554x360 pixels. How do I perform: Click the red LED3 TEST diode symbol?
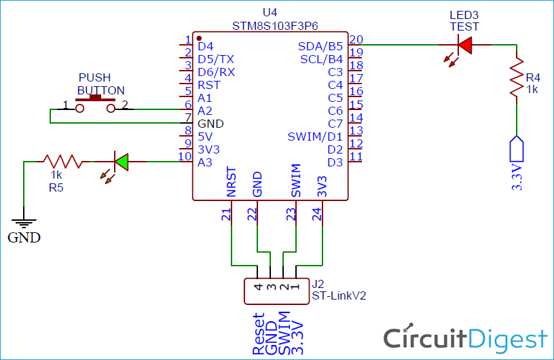point(464,45)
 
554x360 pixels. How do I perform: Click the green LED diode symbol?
point(122,162)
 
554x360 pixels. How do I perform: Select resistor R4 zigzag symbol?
point(517,76)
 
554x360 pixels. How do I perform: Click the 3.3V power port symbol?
point(517,147)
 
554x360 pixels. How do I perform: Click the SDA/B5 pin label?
point(320,46)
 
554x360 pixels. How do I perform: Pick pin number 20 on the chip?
point(356,39)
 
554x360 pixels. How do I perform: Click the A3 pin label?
point(205,162)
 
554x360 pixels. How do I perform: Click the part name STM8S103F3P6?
point(270,25)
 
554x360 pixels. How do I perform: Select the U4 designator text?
point(270,13)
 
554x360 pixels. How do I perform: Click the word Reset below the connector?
point(259,334)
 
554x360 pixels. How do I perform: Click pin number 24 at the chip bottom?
point(316,214)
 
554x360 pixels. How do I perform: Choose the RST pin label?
point(208,85)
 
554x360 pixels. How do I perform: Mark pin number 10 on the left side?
point(184,156)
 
